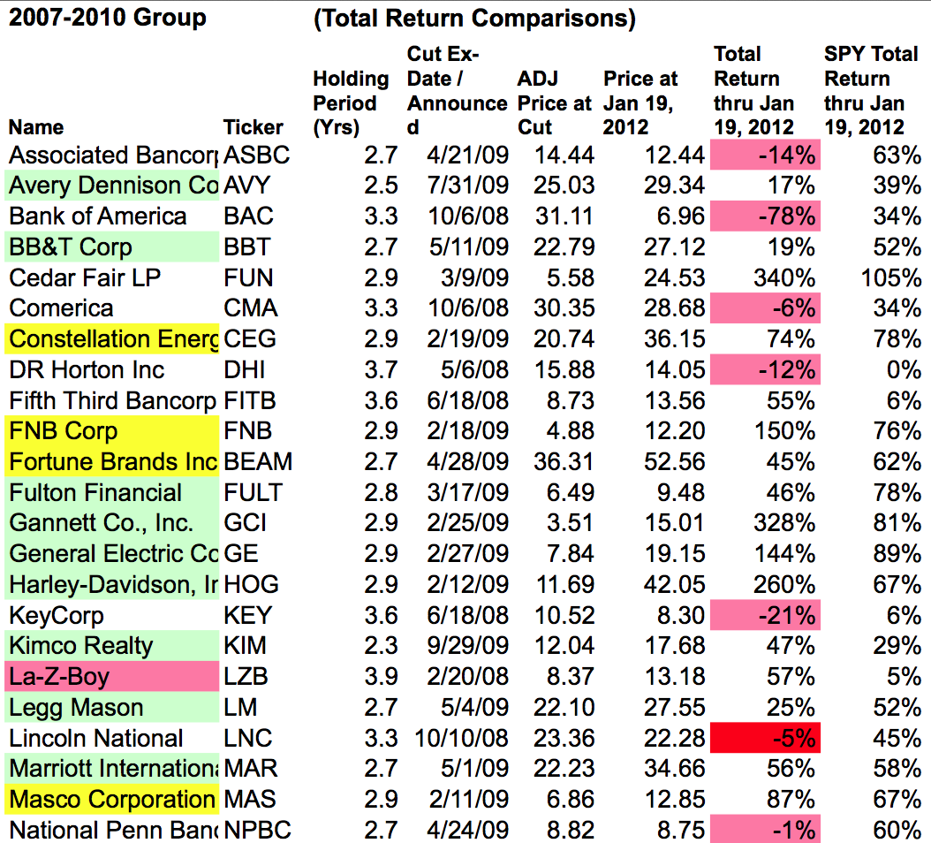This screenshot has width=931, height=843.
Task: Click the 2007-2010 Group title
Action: (x=108, y=17)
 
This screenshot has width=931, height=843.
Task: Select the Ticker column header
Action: (x=253, y=127)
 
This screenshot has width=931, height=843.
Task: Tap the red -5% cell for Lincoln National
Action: (x=765, y=738)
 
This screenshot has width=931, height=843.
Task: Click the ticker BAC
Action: (x=248, y=216)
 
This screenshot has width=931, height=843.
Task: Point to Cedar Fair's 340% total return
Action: (x=784, y=278)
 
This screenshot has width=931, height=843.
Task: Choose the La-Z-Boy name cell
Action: (x=111, y=676)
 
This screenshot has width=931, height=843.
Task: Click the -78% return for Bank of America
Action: (x=765, y=216)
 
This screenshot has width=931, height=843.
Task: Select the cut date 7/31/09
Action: (x=468, y=186)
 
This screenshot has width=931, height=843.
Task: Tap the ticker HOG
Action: (x=251, y=585)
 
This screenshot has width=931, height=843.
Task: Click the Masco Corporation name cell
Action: (x=111, y=799)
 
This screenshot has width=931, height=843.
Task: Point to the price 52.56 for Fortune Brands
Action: (x=675, y=461)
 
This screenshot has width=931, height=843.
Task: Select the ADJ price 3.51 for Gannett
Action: (x=570, y=523)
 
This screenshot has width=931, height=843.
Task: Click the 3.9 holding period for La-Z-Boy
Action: (x=382, y=676)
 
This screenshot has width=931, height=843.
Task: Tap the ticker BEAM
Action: (x=258, y=461)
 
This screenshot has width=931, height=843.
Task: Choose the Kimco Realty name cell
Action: (x=111, y=646)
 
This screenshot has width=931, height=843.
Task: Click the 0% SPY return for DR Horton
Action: (x=904, y=369)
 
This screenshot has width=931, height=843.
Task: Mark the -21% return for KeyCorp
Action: (x=765, y=615)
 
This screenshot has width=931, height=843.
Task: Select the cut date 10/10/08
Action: (x=461, y=738)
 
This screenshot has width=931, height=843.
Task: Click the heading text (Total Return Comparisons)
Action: (x=474, y=19)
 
